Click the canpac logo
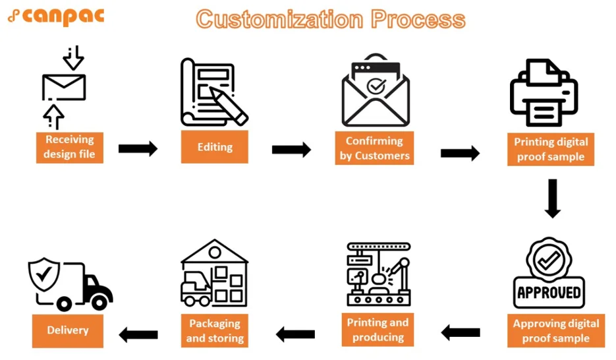pos(55,16)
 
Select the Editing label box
pos(214,146)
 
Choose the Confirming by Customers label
pos(374,148)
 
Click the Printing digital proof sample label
pos(550,149)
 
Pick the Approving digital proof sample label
pos(555,331)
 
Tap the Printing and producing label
pos(378,330)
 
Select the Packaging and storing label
pos(215,330)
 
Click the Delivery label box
pos(68,330)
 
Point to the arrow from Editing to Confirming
pos(291,150)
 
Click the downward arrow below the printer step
pos(552,198)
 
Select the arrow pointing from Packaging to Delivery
pos(138,335)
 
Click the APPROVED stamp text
pos(549,292)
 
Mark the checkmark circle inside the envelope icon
pos(376,86)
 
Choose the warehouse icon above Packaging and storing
pos(214,273)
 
